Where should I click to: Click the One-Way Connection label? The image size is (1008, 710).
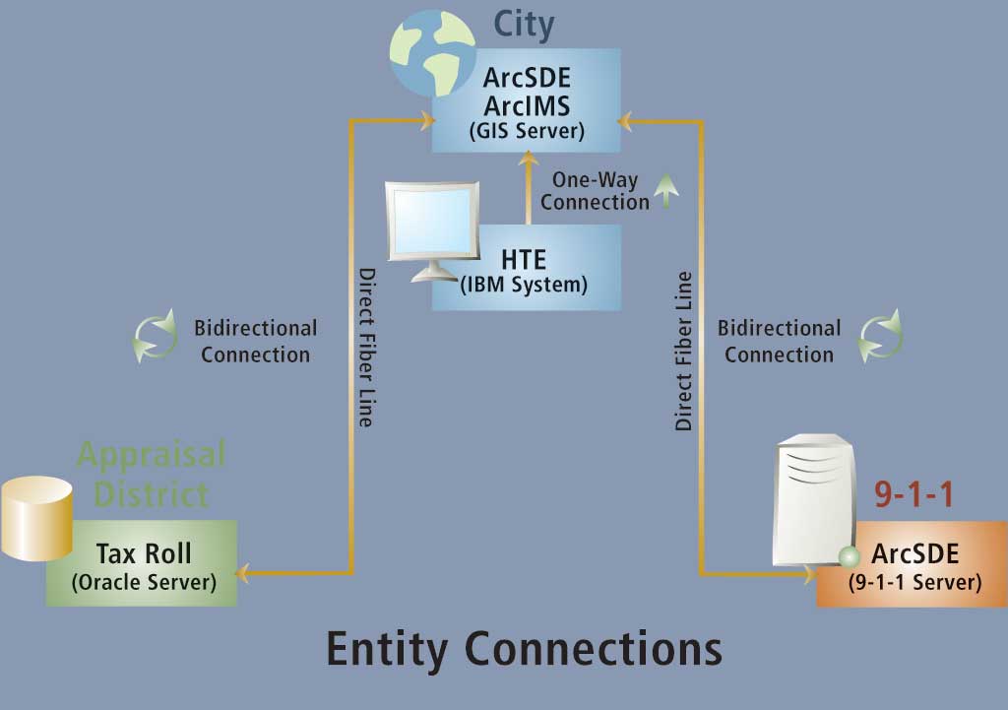(x=595, y=191)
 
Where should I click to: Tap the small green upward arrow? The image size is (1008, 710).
(x=667, y=190)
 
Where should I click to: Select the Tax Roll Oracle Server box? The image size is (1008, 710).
(x=143, y=564)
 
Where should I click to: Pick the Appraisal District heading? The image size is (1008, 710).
(x=152, y=473)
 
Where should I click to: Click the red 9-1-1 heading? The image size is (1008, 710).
(x=914, y=494)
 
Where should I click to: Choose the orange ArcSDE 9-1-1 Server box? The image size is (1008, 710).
(x=914, y=565)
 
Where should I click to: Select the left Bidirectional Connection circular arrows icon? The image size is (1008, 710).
(x=155, y=337)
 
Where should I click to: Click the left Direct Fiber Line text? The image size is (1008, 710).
(x=364, y=347)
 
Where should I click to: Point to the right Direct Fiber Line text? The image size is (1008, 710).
(x=684, y=352)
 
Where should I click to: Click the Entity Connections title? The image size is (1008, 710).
(x=524, y=649)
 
